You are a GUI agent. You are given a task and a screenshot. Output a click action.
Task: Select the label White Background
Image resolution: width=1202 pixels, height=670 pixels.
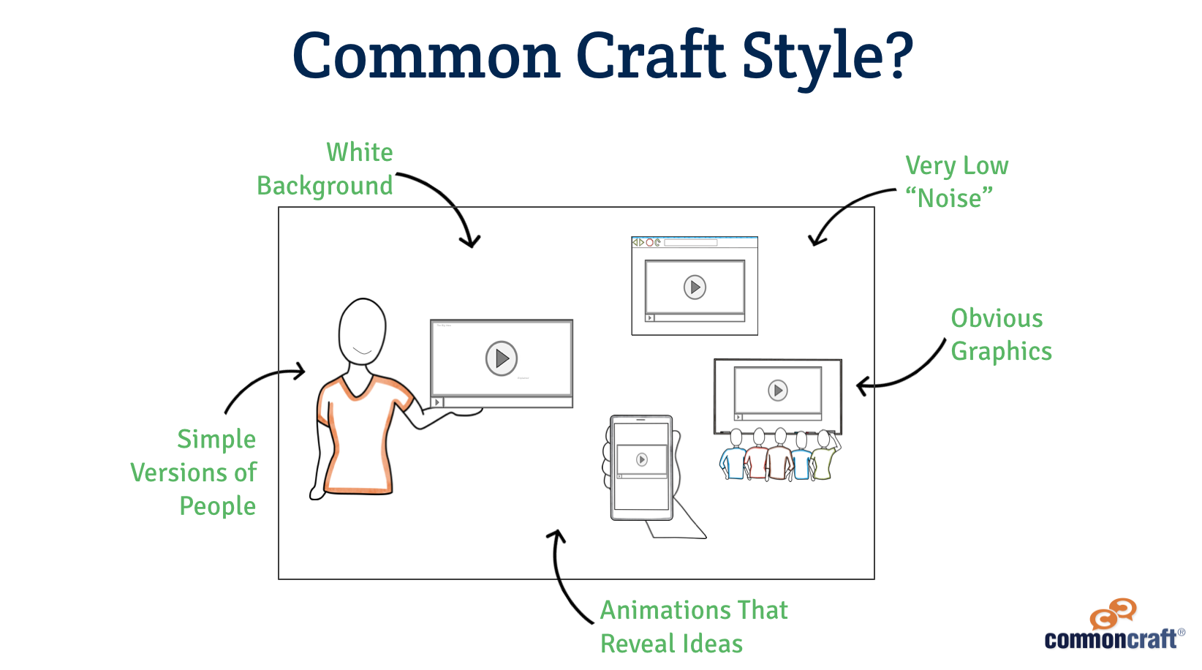click(x=325, y=169)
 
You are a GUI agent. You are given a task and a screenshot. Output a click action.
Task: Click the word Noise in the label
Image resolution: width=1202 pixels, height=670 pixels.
click(x=949, y=198)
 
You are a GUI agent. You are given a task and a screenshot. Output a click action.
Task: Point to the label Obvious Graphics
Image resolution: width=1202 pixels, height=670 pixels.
click(x=1002, y=335)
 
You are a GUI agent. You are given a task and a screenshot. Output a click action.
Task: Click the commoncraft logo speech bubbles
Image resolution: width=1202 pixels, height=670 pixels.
click(x=1113, y=613)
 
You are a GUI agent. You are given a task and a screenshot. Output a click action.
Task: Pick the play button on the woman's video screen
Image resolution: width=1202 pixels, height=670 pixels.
click(x=501, y=358)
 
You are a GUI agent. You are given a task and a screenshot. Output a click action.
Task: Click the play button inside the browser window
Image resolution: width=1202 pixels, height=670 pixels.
click(x=695, y=287)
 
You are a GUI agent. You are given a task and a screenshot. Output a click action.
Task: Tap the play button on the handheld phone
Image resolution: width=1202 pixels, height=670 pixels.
click(x=641, y=459)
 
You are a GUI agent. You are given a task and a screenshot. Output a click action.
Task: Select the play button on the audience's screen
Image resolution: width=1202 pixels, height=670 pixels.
click(x=777, y=391)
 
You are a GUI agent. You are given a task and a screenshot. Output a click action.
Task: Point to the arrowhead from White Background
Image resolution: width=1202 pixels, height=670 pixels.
click(x=471, y=241)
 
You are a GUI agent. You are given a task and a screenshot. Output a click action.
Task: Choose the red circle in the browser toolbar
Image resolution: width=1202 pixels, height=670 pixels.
click(x=649, y=243)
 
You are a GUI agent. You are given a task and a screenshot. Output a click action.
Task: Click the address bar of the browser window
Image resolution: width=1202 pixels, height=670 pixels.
click(x=691, y=243)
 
